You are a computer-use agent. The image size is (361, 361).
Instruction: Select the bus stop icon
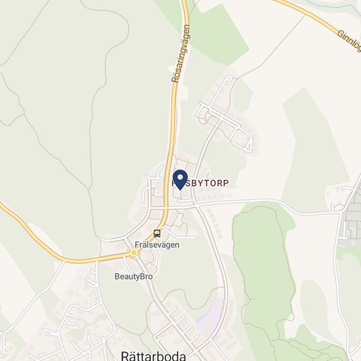(x=157, y=233)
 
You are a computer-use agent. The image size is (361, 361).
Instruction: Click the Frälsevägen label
(x=157, y=244)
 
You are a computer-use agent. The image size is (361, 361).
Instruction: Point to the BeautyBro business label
(x=133, y=276)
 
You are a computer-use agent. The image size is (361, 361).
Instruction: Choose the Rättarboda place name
(x=154, y=355)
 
